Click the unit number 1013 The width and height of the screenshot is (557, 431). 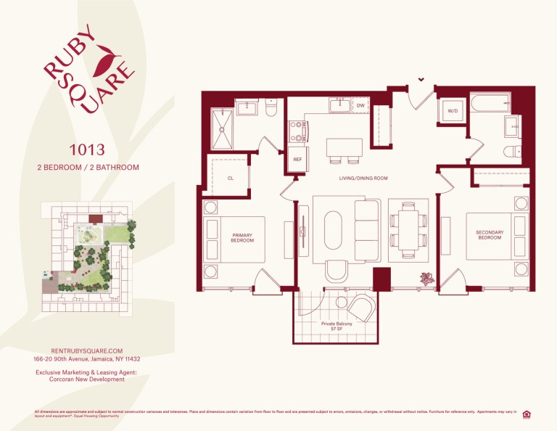pos(88,150)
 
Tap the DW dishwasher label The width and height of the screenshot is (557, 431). pos(360,106)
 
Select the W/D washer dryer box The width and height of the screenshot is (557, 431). pos(453,112)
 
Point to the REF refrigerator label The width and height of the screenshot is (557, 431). pos(297,159)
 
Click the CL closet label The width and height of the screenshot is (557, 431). pos(230,177)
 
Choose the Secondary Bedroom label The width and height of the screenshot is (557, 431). pos(490,235)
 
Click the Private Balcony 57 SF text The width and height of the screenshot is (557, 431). pos(337,327)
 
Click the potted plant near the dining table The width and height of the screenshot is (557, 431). pos(426,277)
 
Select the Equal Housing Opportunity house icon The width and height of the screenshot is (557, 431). pos(527,414)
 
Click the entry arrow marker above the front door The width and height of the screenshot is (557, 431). pos(421,80)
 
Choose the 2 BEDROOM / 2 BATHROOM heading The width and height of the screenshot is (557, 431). pos(88,167)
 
